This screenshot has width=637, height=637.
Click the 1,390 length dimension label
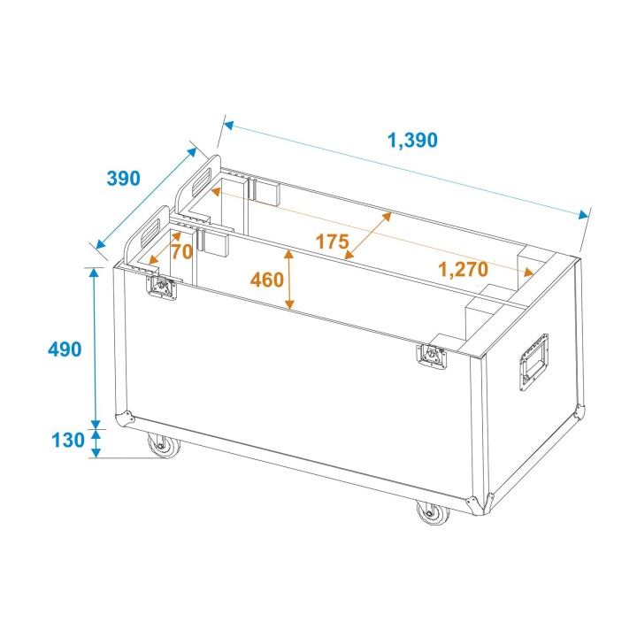pyautogui.click(x=412, y=139)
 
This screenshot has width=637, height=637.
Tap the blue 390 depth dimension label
pyautogui.click(x=123, y=178)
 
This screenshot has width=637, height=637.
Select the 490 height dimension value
pyautogui.click(x=65, y=349)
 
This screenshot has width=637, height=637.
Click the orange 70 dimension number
pyautogui.click(x=181, y=251)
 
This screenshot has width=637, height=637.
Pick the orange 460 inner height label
pyautogui.click(x=266, y=280)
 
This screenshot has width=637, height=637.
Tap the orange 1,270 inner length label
pyautogui.click(x=463, y=270)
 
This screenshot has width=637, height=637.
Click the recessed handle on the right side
pyautogui.click(x=533, y=360)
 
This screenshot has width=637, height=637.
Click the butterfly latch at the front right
pyautogui.click(x=432, y=356)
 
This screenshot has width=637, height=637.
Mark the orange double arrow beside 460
pyautogui.click(x=289, y=280)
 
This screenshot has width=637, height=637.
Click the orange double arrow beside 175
pyautogui.click(x=367, y=235)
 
